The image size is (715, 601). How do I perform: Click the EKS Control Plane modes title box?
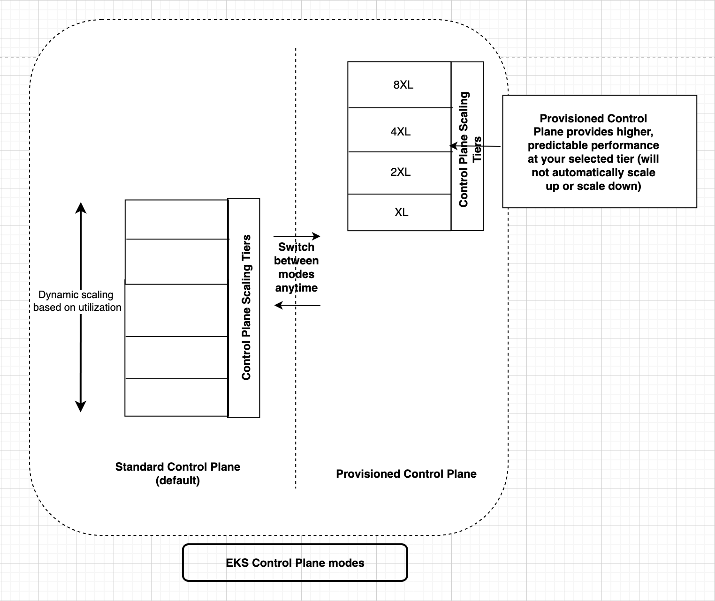[x=295, y=563]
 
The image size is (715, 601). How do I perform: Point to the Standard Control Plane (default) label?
[x=178, y=473]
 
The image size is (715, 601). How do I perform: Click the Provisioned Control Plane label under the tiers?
[x=406, y=474]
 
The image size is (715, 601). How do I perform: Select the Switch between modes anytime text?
[x=296, y=267]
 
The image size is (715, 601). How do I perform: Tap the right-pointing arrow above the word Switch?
[x=297, y=236]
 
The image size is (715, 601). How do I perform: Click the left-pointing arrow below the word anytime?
[x=297, y=305]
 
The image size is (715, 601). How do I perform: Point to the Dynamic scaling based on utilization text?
[x=77, y=301]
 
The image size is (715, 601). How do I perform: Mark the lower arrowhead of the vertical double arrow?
[x=81, y=407]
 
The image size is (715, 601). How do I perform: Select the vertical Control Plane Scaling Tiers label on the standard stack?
[x=246, y=308]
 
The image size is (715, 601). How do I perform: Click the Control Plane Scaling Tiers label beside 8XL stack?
[x=469, y=149]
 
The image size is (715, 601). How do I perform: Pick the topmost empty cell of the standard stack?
[x=176, y=219]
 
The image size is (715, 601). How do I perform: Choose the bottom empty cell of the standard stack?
[x=176, y=397]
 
